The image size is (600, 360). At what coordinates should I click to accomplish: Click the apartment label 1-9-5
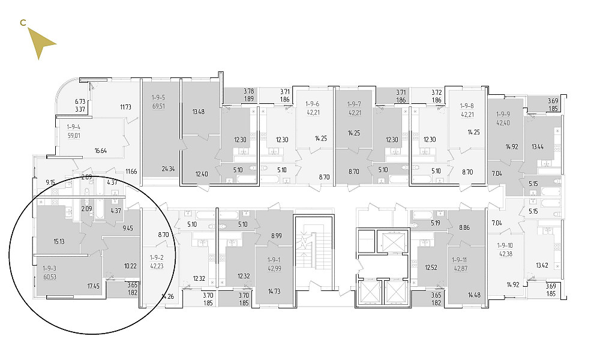(158, 98)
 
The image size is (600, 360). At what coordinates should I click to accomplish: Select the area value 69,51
(158, 106)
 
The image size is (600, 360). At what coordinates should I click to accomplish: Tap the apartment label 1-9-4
(73, 127)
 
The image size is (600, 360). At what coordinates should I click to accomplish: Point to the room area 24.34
(168, 169)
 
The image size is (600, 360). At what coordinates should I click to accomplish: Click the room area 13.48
(198, 112)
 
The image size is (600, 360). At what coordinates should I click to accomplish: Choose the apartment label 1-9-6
(312, 104)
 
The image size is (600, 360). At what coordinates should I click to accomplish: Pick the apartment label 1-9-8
(467, 106)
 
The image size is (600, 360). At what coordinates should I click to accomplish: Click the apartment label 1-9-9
(503, 115)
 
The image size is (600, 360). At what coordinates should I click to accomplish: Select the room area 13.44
(538, 146)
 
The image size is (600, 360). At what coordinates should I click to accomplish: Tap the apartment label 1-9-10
(505, 245)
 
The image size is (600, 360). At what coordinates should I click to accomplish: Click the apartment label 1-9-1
(274, 260)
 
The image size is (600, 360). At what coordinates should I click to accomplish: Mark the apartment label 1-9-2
(157, 258)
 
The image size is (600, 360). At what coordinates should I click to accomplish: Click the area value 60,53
(50, 277)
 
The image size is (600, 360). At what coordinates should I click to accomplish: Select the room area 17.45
(94, 286)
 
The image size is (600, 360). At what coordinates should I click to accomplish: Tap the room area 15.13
(59, 241)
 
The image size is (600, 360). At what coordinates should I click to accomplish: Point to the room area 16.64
(101, 151)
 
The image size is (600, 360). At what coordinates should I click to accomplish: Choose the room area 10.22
(130, 266)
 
